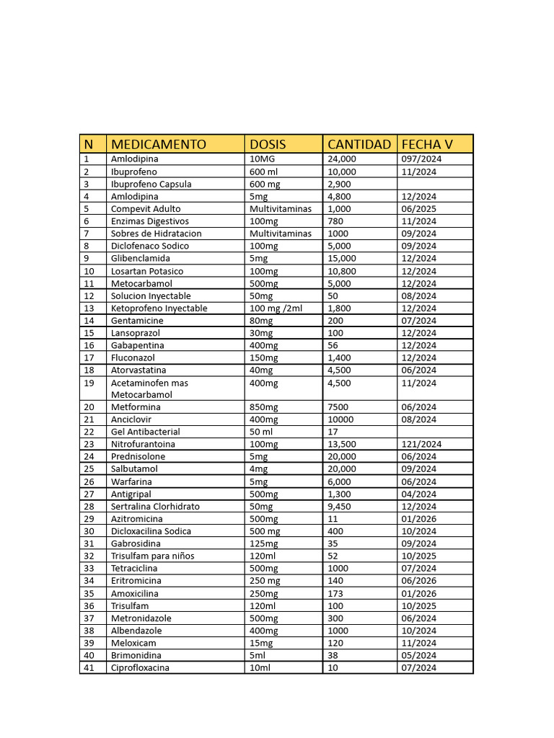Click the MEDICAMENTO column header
(158, 144)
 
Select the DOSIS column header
(268, 144)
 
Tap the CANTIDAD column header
(359, 144)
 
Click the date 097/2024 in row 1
(422, 159)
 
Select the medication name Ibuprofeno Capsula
(151, 184)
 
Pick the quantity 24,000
(342, 159)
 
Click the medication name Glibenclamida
(141, 258)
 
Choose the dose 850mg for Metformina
(264, 407)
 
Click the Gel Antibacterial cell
(144, 432)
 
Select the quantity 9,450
(339, 506)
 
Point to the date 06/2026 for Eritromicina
(418, 580)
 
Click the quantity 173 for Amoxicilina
(335, 593)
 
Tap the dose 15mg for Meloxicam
(261, 643)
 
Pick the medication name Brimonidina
(136, 655)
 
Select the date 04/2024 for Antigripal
(418, 494)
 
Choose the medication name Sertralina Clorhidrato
(155, 506)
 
